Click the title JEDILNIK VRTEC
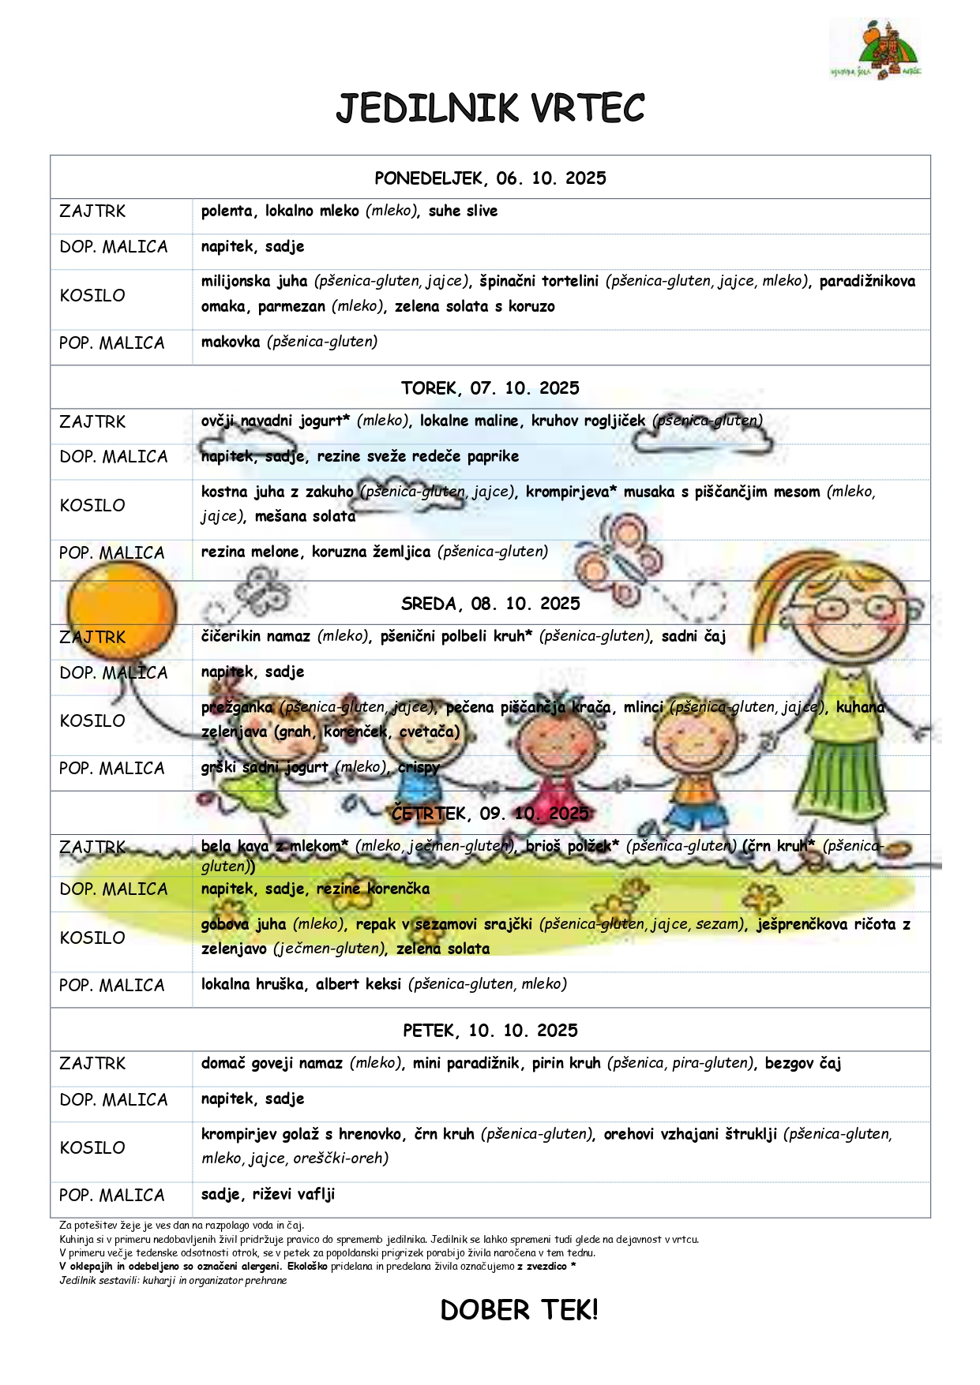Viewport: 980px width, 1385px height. pyautogui.click(x=490, y=109)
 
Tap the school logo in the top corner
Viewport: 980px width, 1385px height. pyautogui.click(x=876, y=50)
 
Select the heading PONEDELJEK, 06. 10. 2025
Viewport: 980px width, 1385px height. pyautogui.click(x=490, y=178)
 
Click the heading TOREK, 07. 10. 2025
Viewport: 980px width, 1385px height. pyautogui.click(x=490, y=388)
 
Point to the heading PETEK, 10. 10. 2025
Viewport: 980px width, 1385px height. pyautogui.click(x=490, y=1031)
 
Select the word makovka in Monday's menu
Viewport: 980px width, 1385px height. pyautogui.click(x=231, y=342)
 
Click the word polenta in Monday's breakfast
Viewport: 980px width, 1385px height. pyautogui.click(x=227, y=211)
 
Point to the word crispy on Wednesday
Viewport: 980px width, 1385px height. pyautogui.click(x=419, y=768)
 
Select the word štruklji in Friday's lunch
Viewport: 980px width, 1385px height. pyautogui.click(x=751, y=1135)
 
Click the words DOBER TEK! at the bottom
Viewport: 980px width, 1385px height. pyautogui.click(x=519, y=1311)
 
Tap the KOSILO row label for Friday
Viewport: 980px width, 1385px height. pyautogui.click(x=92, y=1148)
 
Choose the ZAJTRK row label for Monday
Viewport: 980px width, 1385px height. pyautogui.click(x=92, y=211)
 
